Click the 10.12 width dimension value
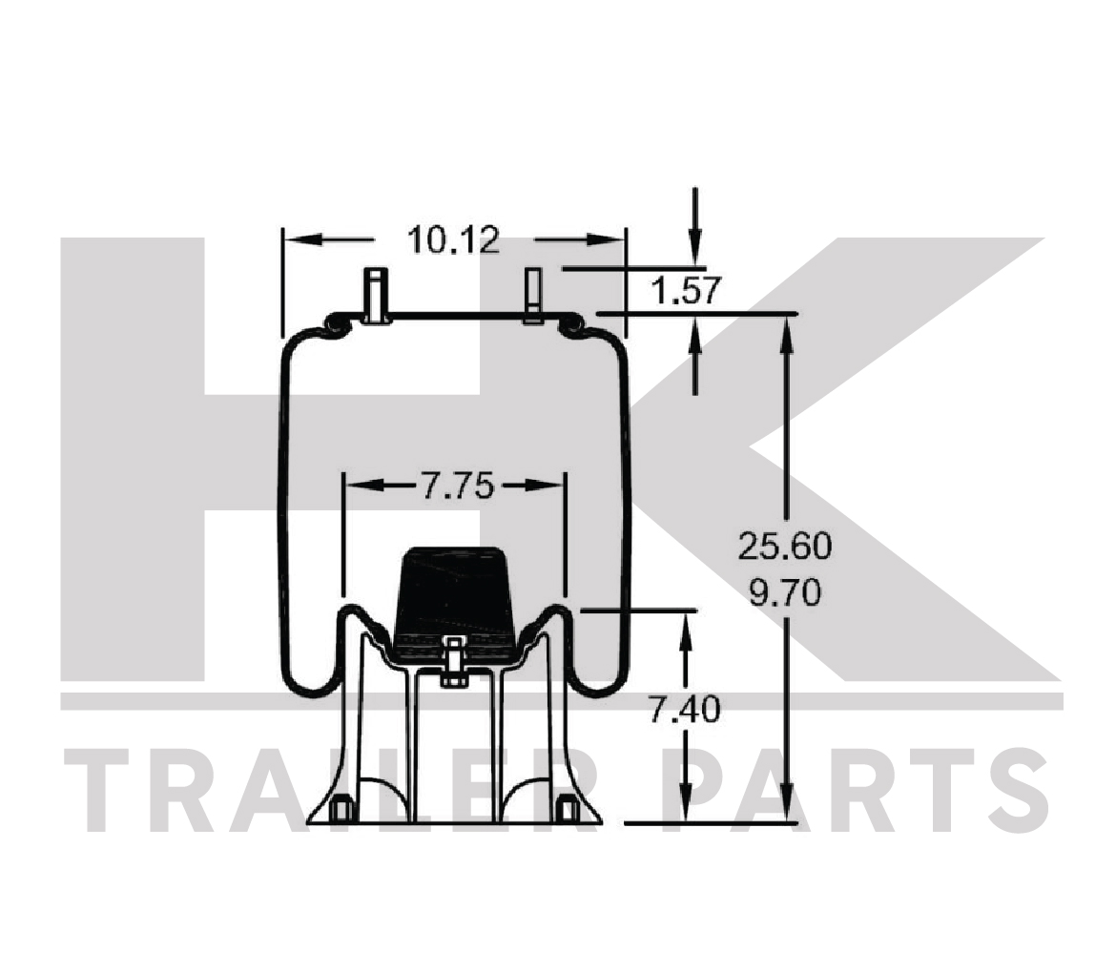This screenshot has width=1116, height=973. [453, 239]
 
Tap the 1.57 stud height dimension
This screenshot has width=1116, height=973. [686, 290]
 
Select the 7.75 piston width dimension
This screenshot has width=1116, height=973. [457, 486]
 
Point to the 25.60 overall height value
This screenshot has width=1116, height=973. [785, 547]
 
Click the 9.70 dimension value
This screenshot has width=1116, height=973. [785, 593]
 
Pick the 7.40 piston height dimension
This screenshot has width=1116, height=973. [684, 710]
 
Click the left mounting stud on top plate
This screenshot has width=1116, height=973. [376, 296]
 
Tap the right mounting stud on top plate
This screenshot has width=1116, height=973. [533, 296]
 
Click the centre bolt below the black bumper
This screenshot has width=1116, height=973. [453, 663]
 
